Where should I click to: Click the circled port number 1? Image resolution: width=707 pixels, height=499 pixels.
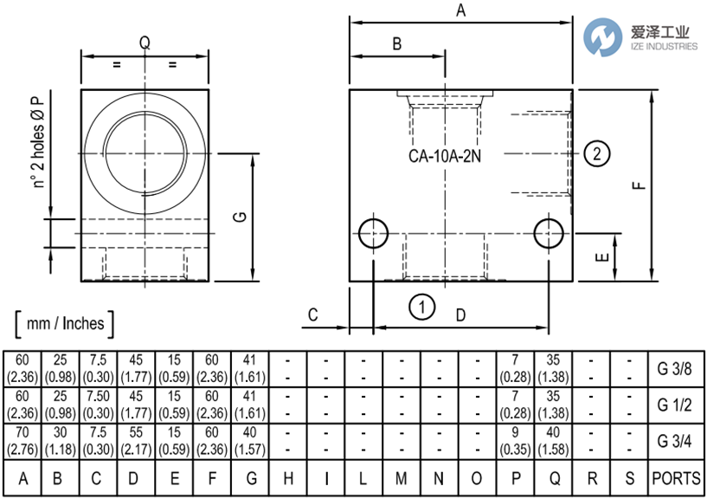[x=421, y=307]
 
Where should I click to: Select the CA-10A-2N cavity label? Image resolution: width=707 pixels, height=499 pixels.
[x=445, y=158]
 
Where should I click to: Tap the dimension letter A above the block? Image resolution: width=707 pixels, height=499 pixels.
[x=461, y=10]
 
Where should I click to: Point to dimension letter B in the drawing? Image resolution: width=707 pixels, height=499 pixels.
[x=397, y=44]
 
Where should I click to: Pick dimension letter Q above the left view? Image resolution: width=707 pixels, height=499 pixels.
[x=145, y=42]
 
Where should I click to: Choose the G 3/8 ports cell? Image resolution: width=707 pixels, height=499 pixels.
[x=675, y=368]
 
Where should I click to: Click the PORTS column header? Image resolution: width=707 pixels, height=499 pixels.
[x=675, y=477]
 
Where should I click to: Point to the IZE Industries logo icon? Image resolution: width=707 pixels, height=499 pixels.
[x=603, y=36]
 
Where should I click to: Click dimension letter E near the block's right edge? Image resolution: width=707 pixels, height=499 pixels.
[x=603, y=256]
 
